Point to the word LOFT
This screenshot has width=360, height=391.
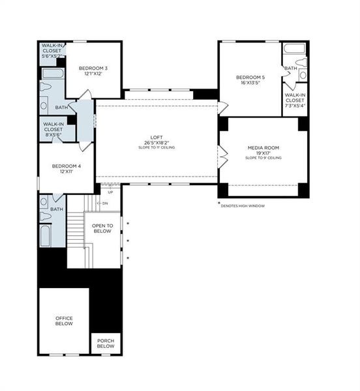[156, 137]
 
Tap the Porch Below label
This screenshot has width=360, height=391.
[106, 343]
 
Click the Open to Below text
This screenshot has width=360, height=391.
[102, 228]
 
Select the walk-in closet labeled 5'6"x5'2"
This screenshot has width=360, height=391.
[52, 51]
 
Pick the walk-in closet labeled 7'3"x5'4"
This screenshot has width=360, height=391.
[295, 99]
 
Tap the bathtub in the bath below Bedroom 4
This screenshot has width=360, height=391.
[45, 235]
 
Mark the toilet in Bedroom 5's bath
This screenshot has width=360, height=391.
[301, 63]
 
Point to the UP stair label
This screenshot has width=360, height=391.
[110, 192]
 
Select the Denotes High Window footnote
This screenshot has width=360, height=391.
[243, 206]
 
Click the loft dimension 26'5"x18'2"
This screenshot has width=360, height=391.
[156, 142]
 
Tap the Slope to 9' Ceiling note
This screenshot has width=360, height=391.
[263, 158]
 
